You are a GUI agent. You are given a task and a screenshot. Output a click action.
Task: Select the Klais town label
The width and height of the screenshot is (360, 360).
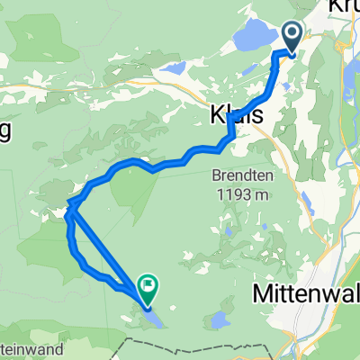point(231,117)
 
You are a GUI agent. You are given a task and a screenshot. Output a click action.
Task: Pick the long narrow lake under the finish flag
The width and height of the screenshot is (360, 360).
point(153,315)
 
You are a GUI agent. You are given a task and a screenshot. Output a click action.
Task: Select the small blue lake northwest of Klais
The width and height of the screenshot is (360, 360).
point(173,68)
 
